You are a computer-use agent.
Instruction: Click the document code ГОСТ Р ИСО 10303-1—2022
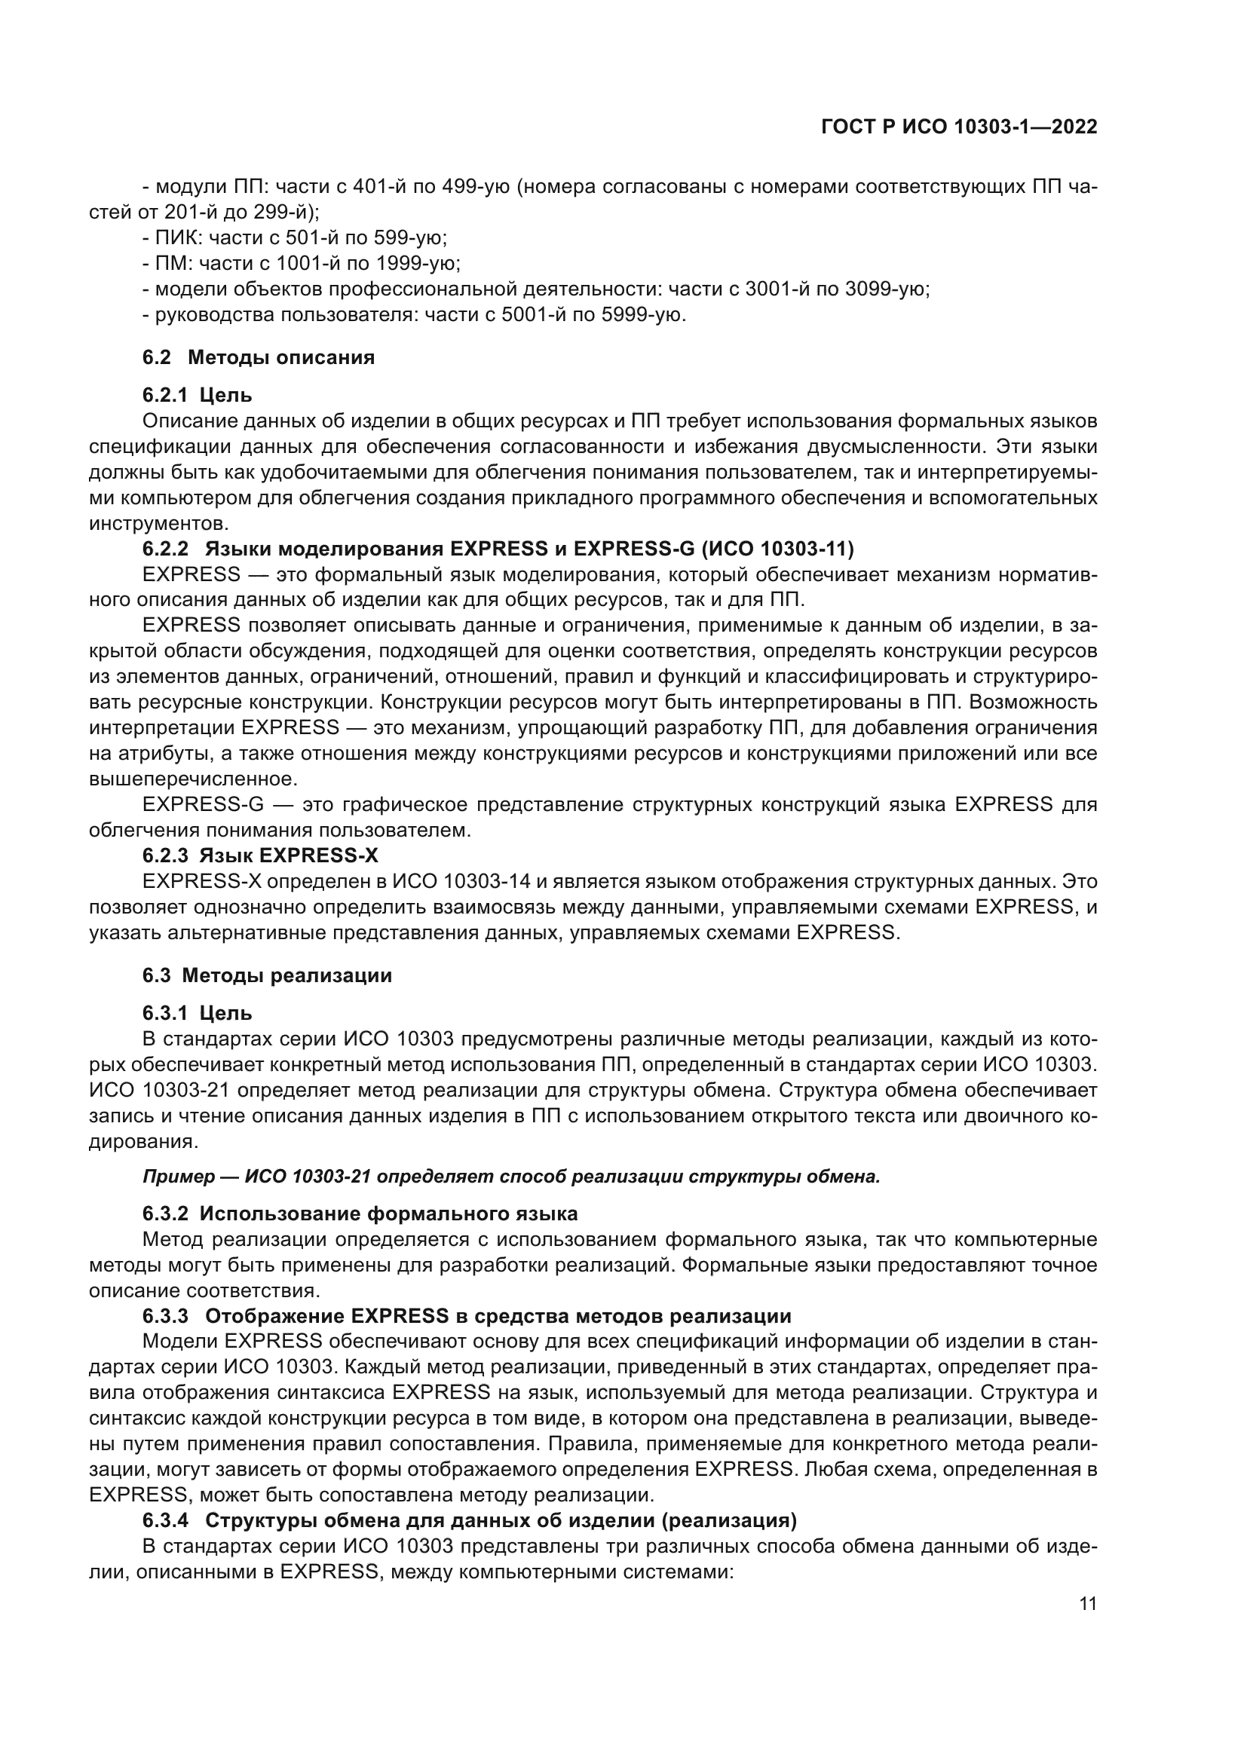(958, 127)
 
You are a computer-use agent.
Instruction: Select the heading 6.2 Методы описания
(258, 357)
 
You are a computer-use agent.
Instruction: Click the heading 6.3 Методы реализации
(266, 975)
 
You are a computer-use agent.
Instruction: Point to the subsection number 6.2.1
(164, 396)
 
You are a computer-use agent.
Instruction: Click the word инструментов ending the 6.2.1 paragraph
(158, 524)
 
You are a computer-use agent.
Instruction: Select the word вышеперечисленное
(192, 779)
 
